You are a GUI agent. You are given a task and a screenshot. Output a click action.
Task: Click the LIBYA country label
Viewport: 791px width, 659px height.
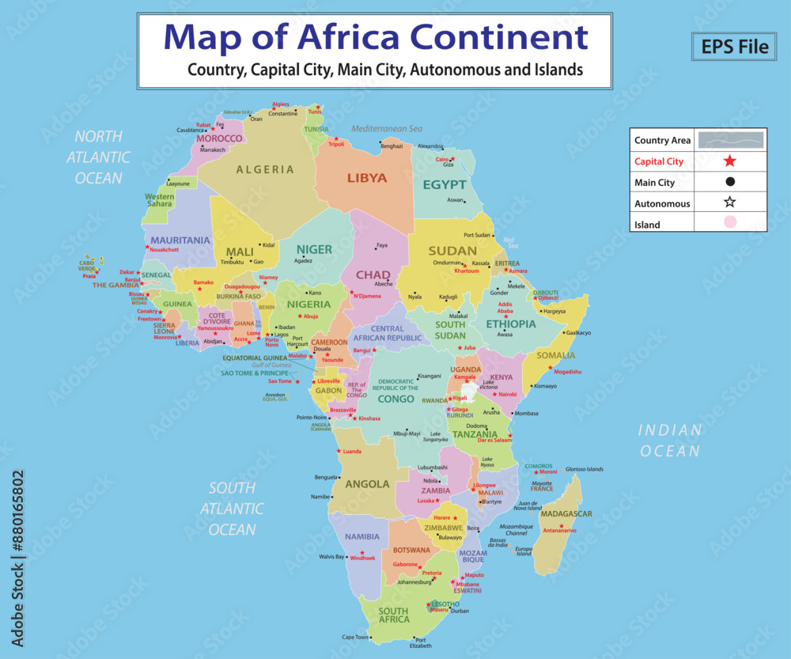pos(367,178)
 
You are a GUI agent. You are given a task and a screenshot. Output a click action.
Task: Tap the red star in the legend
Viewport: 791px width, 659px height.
pos(729,161)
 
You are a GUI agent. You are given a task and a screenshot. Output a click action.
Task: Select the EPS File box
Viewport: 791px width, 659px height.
pos(735,47)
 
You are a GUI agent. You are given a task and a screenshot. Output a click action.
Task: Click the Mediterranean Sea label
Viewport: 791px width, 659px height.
pos(388,128)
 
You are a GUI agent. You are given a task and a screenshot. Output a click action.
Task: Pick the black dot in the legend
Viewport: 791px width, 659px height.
pos(729,182)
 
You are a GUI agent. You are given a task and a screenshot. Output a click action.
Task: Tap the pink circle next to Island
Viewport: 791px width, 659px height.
pos(729,224)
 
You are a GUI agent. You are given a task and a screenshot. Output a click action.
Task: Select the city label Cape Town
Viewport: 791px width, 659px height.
pos(355,637)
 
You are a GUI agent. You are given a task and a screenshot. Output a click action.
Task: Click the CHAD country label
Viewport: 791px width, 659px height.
pos(373,275)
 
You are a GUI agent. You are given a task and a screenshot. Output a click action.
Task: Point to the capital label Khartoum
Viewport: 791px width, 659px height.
pos(467,271)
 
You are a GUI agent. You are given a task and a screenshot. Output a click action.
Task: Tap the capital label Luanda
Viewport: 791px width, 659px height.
pos(352,452)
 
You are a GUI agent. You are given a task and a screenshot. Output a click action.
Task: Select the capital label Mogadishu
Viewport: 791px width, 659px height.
pos(568,371)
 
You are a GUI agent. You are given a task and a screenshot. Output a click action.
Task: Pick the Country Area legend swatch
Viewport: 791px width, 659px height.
pos(729,140)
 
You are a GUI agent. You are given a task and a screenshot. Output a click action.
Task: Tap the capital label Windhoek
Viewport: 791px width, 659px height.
pos(362,558)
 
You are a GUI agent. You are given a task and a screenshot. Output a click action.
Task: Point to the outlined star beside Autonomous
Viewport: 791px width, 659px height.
pos(729,203)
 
